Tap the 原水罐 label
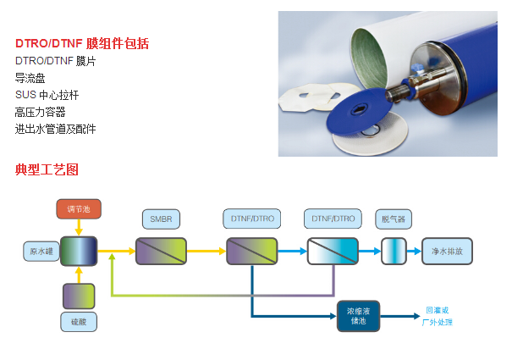[x=41, y=252]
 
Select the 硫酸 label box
[x=78, y=322]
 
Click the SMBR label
[x=160, y=219]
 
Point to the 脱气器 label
[x=394, y=219]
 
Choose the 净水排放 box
[x=446, y=252]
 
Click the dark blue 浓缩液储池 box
[x=358, y=314]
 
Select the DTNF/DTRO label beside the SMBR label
[x=251, y=219]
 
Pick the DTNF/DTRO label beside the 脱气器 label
[x=332, y=219]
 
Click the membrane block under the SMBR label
[x=160, y=252]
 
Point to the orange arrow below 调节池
[x=79, y=227]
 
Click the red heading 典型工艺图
[x=47, y=169]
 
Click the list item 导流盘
[x=30, y=78]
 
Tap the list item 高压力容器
[x=40, y=112]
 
